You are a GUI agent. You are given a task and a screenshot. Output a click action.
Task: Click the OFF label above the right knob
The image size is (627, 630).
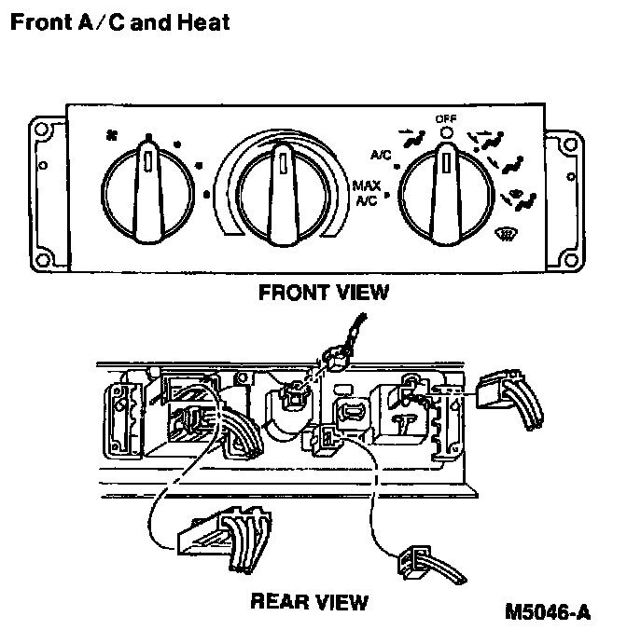446,118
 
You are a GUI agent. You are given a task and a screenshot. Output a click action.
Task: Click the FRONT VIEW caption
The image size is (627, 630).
322,293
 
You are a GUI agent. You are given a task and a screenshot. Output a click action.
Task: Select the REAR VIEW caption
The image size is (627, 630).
309,601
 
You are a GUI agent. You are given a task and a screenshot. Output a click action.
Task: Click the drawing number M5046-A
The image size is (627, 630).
547,612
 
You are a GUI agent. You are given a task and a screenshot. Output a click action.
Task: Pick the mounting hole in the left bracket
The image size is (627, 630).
42,168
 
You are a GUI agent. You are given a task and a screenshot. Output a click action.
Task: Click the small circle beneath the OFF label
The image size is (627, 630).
446,133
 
